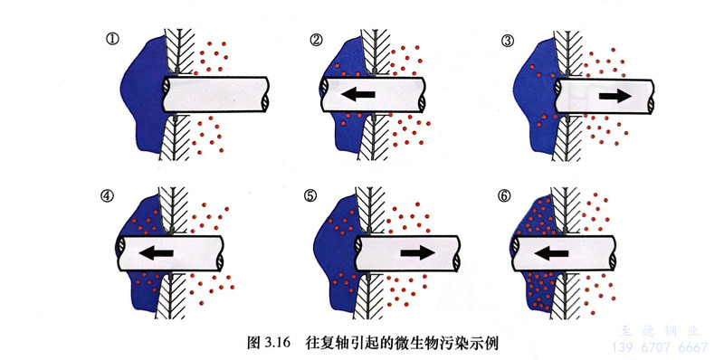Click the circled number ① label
coord(112,39)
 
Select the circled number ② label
coord(316,40)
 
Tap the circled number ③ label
coord(507,41)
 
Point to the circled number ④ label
coord(107,195)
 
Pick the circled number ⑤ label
coord(310,195)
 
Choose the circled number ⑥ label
coord(504,195)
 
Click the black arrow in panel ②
coord(358,95)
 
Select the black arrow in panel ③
coord(615,96)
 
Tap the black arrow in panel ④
coord(156,252)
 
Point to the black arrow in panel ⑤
coord(417,252)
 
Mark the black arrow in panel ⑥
coord(551,252)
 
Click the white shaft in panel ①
coord(215,95)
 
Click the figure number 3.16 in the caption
coord(276,344)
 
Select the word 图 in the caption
coord(253,344)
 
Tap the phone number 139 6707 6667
coord(660,347)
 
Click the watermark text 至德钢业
coord(660,331)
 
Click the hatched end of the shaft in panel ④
coord(121,252)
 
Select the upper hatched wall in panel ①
coord(179,51)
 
